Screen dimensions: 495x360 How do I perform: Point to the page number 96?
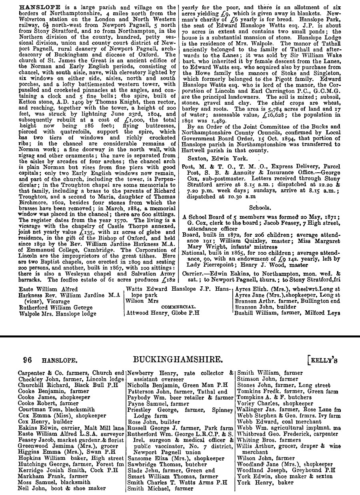point(27,360)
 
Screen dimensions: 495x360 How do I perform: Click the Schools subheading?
point(260,208)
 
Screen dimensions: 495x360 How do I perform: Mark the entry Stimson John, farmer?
point(267,379)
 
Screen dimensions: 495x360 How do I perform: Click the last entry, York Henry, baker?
point(265,482)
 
